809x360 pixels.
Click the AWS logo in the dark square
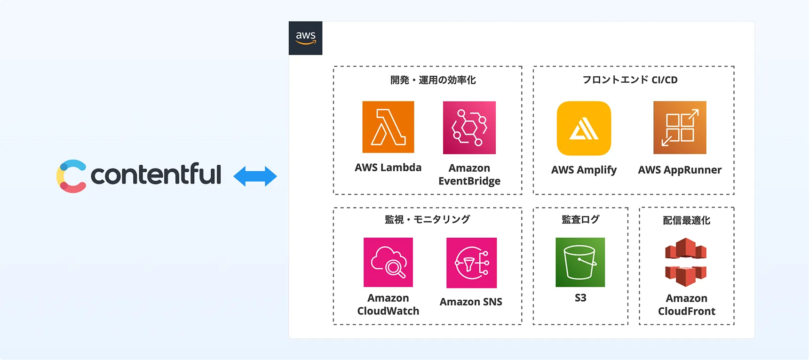[305, 38]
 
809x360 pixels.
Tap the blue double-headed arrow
[255, 176]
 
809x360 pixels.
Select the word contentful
[156, 175]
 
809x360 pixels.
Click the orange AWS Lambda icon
[388, 127]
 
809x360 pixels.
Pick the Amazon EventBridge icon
[469, 128]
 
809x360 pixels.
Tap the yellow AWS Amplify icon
[584, 128]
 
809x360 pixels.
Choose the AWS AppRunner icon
[680, 128]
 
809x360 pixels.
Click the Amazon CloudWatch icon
[388, 262]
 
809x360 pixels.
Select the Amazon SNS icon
[471, 263]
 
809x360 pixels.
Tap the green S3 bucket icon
[580, 262]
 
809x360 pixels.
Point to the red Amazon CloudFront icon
[686, 262]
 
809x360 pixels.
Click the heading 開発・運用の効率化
[433, 80]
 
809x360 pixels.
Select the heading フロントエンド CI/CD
[630, 80]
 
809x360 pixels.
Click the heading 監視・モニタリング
[427, 219]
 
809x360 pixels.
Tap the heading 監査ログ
[580, 219]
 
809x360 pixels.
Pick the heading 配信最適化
[686, 220]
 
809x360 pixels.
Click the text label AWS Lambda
[388, 168]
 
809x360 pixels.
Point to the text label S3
[580, 298]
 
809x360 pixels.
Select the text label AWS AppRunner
[680, 170]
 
